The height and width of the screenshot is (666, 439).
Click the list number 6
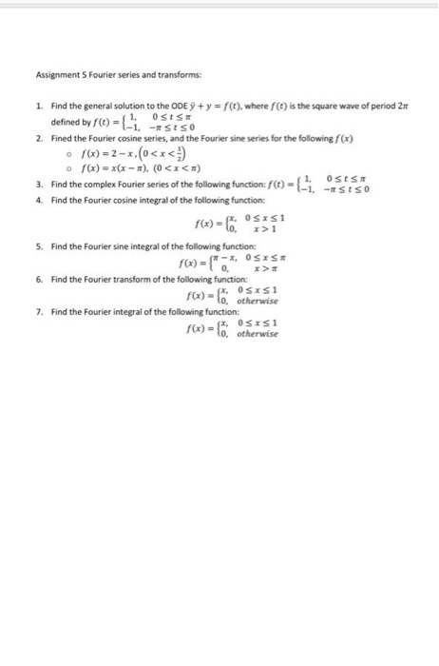point(37,282)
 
